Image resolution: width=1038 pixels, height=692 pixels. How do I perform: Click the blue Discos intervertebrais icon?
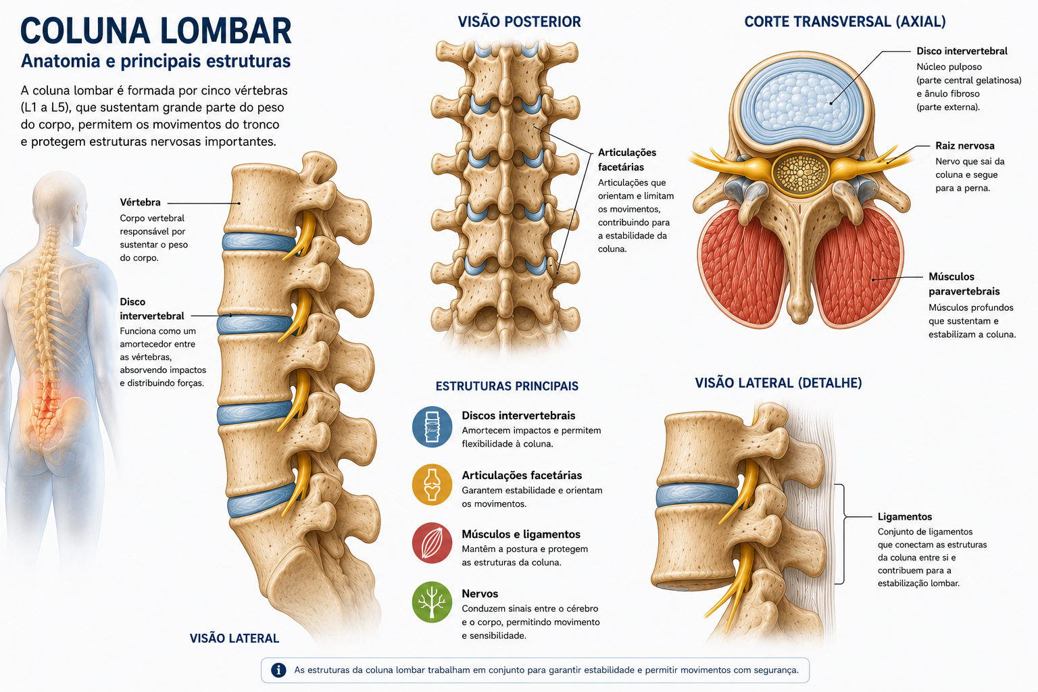[x=432, y=426]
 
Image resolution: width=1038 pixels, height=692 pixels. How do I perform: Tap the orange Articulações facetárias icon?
[x=432, y=485]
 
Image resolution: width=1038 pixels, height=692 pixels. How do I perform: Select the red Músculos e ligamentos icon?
[x=432, y=543]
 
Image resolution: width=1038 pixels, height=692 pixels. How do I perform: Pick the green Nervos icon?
[x=432, y=602]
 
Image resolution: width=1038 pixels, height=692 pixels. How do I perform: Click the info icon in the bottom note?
[x=278, y=670]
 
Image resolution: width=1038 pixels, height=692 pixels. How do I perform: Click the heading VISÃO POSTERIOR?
[x=519, y=22]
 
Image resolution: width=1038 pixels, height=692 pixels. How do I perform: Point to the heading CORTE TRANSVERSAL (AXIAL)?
[x=845, y=22]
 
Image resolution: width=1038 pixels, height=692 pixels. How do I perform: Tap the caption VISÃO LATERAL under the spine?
[x=234, y=638]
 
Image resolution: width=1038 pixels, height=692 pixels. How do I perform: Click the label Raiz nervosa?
[x=965, y=145]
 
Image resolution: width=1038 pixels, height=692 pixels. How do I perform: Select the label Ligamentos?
[x=905, y=516]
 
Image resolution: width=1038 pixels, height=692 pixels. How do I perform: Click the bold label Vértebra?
[x=140, y=202]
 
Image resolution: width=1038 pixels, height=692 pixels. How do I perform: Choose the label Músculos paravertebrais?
[x=964, y=284]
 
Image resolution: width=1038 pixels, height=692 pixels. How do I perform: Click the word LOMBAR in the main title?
[x=226, y=31]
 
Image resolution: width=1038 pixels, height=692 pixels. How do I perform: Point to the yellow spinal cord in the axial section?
[x=800, y=172]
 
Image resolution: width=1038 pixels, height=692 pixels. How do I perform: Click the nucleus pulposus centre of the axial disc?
[x=801, y=103]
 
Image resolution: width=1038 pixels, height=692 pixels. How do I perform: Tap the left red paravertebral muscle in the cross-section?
[x=741, y=266]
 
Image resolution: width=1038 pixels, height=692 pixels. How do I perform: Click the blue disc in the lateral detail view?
[x=697, y=495]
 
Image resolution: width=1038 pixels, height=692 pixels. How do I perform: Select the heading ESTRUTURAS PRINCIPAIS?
[x=507, y=386]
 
